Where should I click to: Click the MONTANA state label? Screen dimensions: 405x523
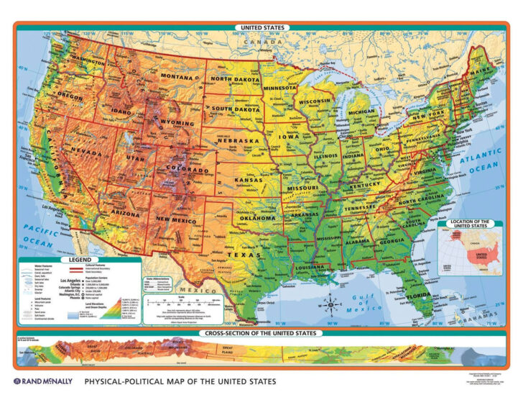[177, 76]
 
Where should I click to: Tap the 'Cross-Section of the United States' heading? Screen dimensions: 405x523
[261, 335]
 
